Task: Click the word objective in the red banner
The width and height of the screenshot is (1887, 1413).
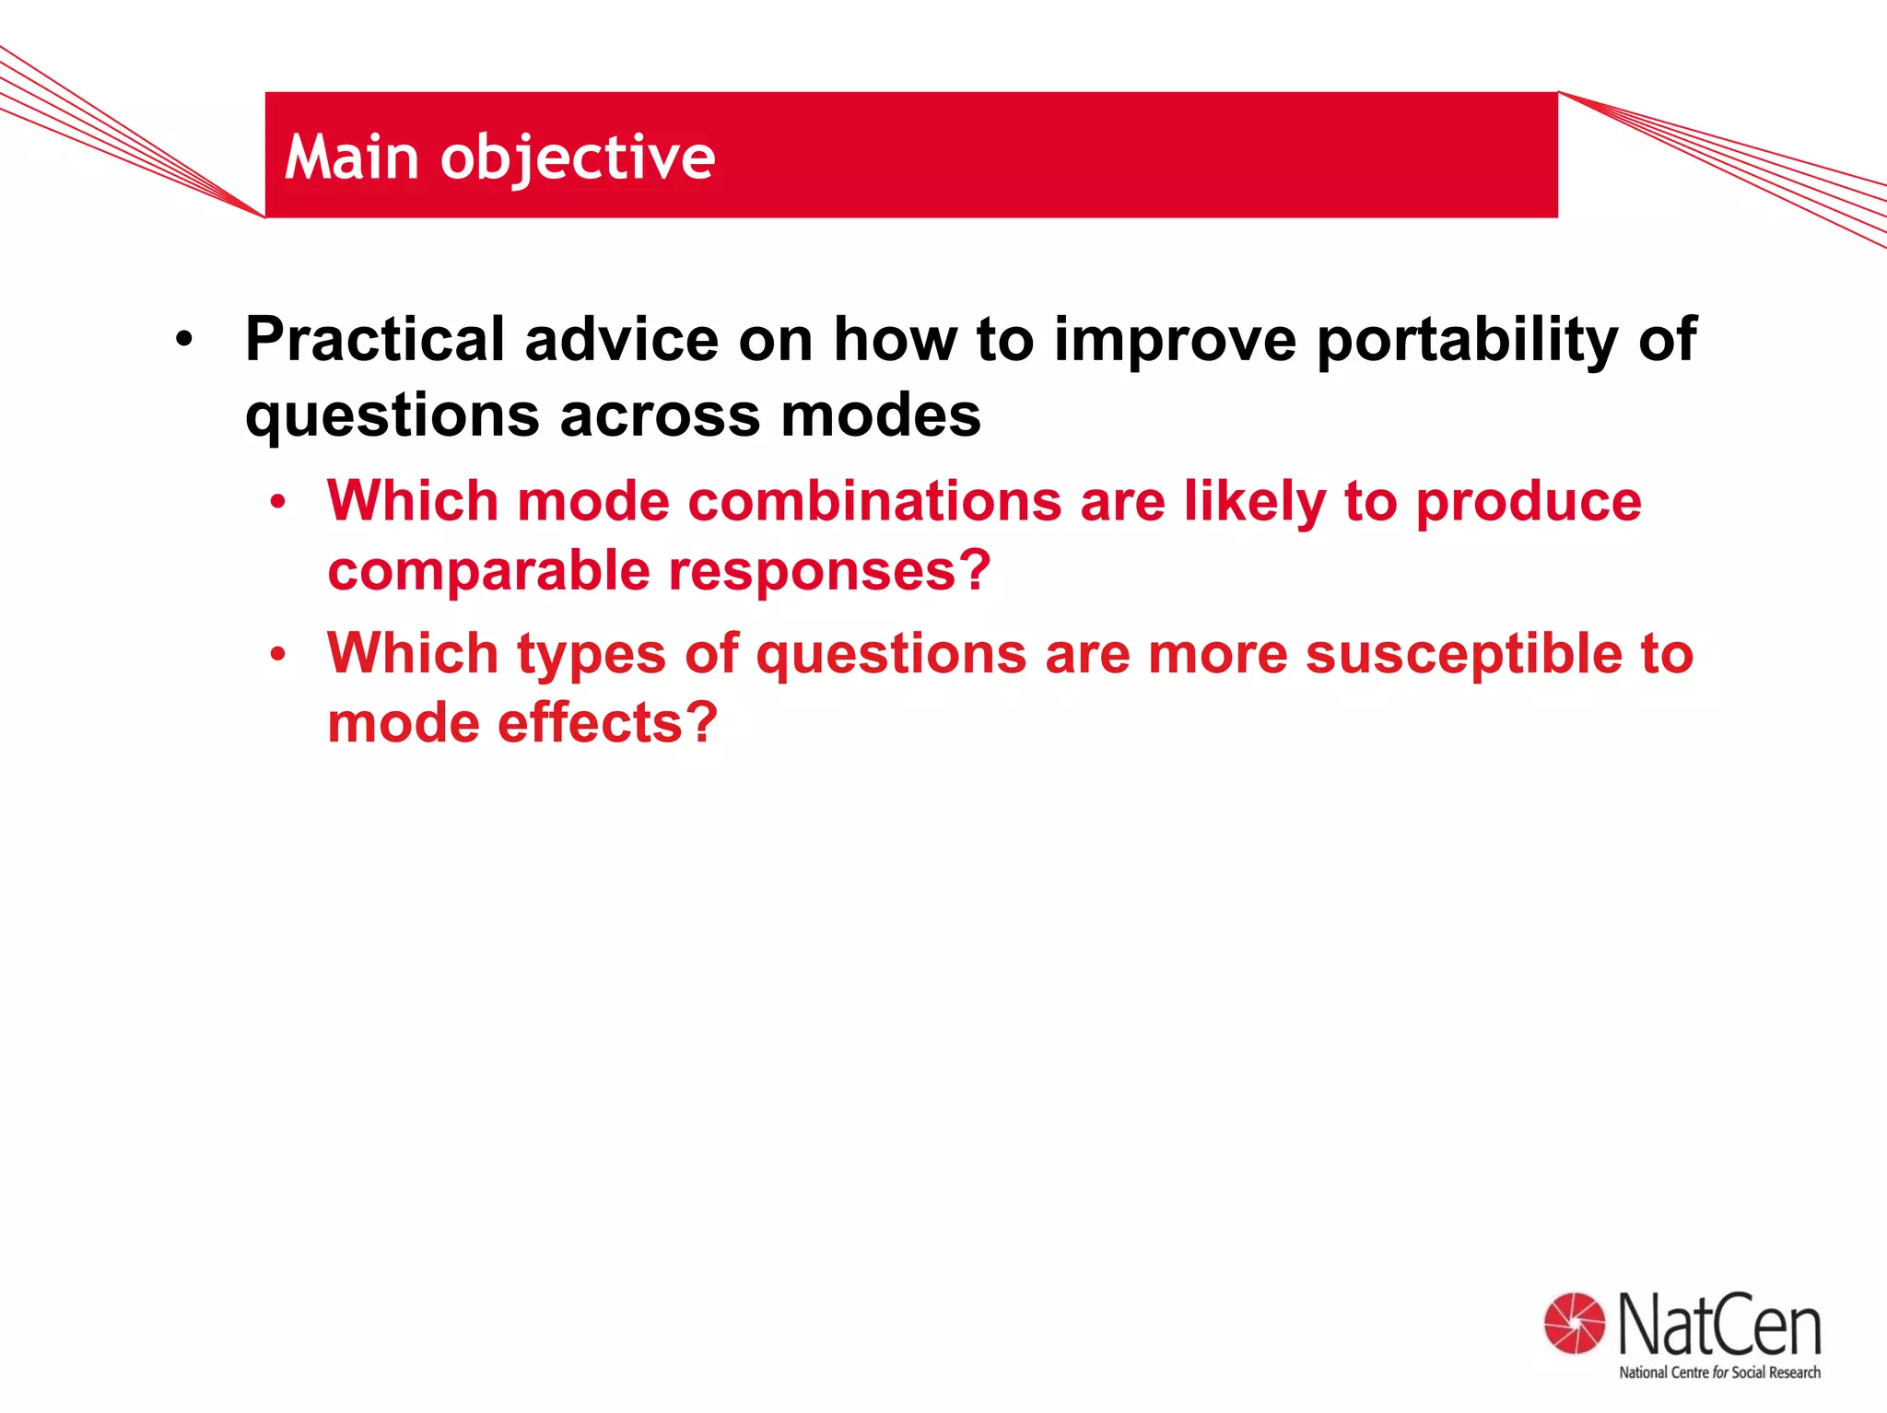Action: click(x=578, y=158)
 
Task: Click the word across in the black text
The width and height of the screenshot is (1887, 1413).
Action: click(x=660, y=415)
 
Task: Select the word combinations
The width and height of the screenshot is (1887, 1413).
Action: click(x=874, y=502)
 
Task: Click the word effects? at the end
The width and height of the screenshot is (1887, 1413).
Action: click(x=607, y=722)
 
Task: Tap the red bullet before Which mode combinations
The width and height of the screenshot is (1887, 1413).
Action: click(x=277, y=503)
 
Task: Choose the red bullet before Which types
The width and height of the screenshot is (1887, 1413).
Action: click(x=277, y=655)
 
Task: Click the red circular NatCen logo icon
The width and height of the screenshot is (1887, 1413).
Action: click(x=1574, y=1324)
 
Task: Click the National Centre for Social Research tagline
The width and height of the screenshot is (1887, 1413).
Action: click(x=1719, y=1372)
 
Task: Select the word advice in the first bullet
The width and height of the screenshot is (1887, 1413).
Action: click(x=621, y=340)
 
